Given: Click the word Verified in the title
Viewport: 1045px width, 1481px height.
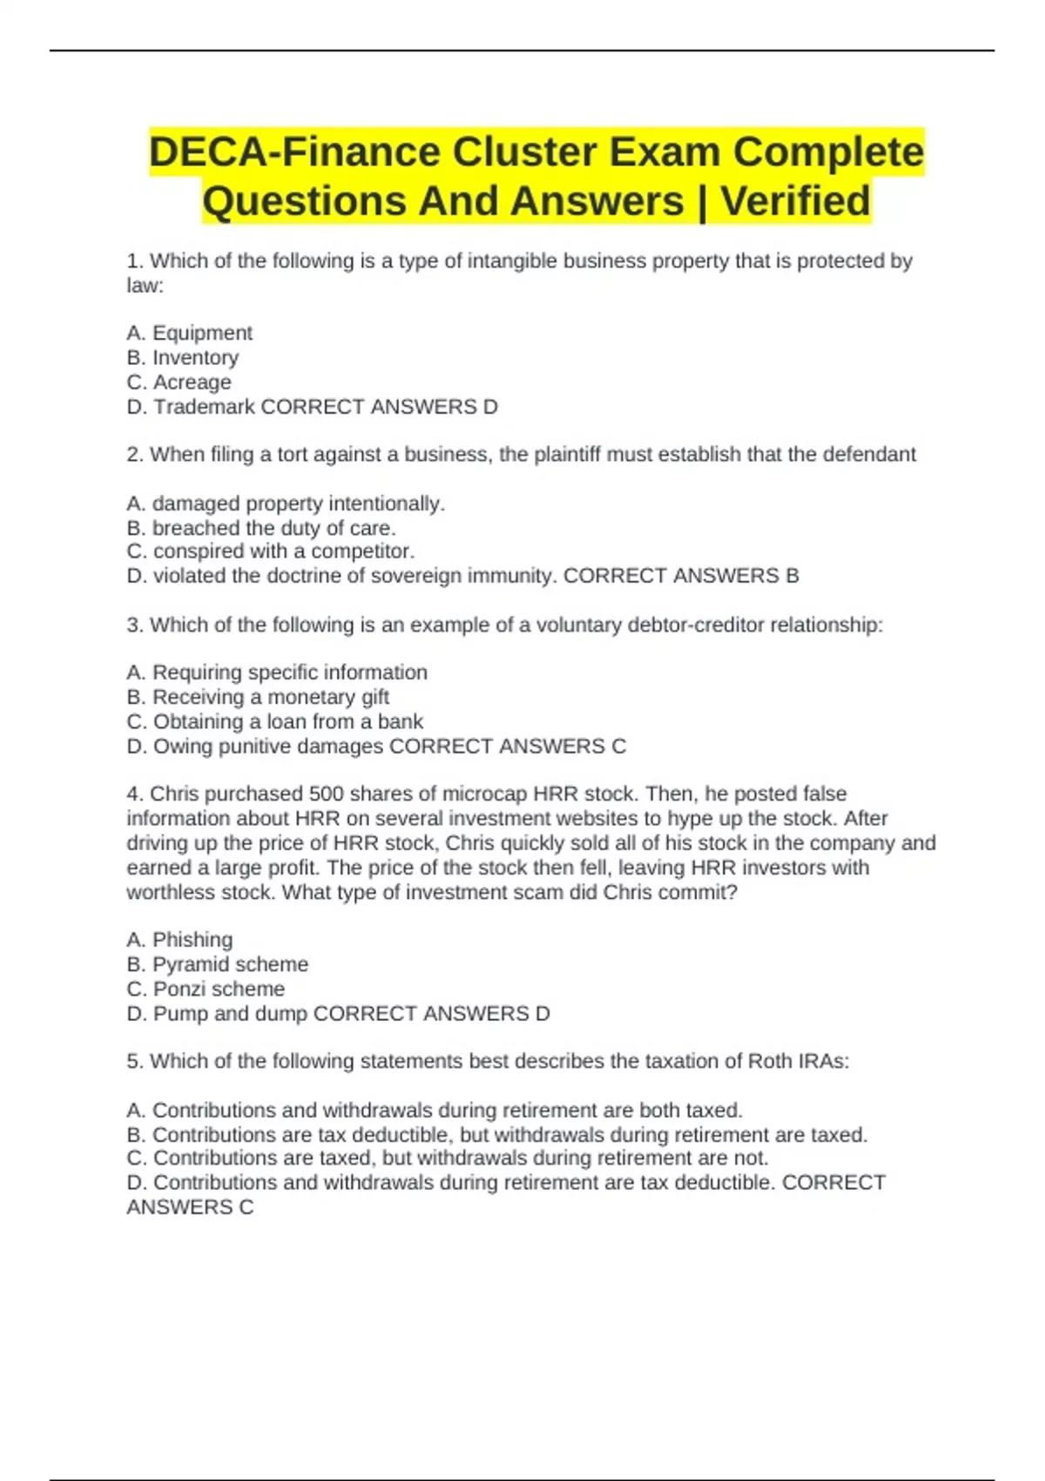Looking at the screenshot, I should tap(795, 201).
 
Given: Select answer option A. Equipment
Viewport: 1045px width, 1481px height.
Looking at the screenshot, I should tap(189, 333).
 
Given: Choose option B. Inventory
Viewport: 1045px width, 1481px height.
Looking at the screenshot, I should tap(182, 357).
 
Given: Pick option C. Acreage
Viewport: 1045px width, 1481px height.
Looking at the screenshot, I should tap(179, 382).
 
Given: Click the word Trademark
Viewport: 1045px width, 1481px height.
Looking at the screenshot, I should tap(204, 407).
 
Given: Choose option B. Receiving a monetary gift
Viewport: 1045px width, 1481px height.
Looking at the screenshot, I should tap(258, 697).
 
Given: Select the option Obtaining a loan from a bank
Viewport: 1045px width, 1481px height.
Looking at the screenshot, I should tap(274, 721).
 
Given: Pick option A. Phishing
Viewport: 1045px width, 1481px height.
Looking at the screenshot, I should tap(179, 939).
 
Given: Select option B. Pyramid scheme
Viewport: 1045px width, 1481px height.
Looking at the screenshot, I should tap(217, 964).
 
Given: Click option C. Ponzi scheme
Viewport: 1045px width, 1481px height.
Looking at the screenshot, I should tap(206, 989).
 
